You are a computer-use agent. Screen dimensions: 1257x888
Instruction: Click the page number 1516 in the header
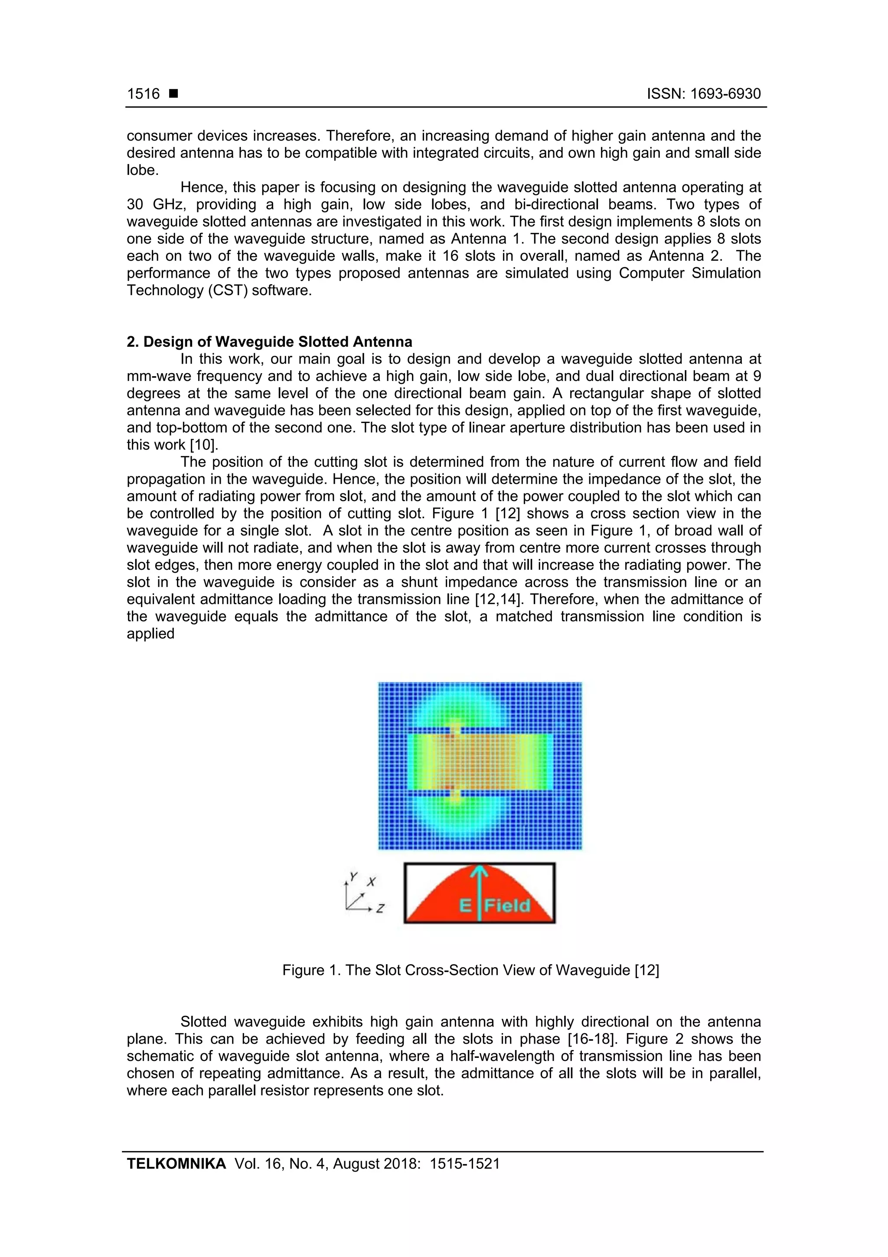pos(144,94)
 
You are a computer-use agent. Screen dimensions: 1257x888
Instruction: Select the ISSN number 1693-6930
pos(725,94)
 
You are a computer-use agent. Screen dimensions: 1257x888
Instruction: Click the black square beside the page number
pos(173,94)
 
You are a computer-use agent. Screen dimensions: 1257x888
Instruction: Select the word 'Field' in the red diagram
pos(508,906)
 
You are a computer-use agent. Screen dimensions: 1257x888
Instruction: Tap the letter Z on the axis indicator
pos(380,908)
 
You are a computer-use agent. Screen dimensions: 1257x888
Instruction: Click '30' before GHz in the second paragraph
pos(135,205)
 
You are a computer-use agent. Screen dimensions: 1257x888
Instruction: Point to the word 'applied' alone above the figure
pos(150,633)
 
